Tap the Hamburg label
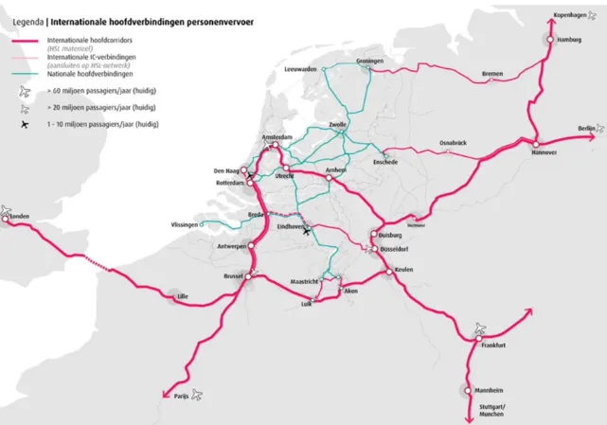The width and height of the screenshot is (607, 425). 569,40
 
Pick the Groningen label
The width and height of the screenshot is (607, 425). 370,62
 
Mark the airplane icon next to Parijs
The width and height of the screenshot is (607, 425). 198,395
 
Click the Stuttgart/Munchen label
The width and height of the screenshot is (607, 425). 491,411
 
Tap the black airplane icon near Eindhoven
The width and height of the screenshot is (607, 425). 307,232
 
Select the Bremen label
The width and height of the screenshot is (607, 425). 492,73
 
